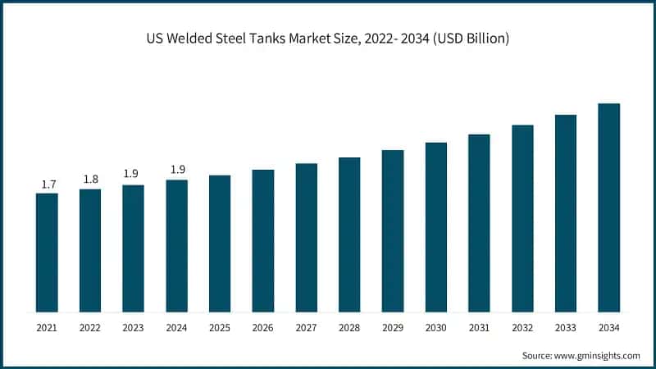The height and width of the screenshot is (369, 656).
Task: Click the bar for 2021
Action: (x=47, y=253)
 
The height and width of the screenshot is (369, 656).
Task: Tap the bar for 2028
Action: (x=349, y=235)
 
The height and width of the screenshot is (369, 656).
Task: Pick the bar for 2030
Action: (x=435, y=227)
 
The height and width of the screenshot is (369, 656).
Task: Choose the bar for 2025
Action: (x=220, y=244)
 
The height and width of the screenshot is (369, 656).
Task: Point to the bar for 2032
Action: (x=522, y=218)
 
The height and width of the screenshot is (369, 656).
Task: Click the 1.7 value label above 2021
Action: (x=47, y=184)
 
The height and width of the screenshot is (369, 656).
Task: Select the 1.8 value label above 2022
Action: (x=90, y=180)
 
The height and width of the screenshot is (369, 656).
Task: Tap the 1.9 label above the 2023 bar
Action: (x=133, y=174)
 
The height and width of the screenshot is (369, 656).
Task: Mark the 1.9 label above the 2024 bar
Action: (x=176, y=170)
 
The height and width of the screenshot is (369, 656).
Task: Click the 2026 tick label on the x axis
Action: (x=262, y=328)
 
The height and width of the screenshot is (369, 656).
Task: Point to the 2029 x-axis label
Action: (x=392, y=328)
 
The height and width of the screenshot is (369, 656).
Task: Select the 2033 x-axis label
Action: (x=565, y=328)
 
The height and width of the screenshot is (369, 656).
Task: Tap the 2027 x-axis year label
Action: (x=306, y=328)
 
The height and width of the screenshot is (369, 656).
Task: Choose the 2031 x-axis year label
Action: (x=479, y=328)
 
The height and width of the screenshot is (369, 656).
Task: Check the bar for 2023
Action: (x=133, y=248)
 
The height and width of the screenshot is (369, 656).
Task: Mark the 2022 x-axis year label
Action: (x=90, y=328)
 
